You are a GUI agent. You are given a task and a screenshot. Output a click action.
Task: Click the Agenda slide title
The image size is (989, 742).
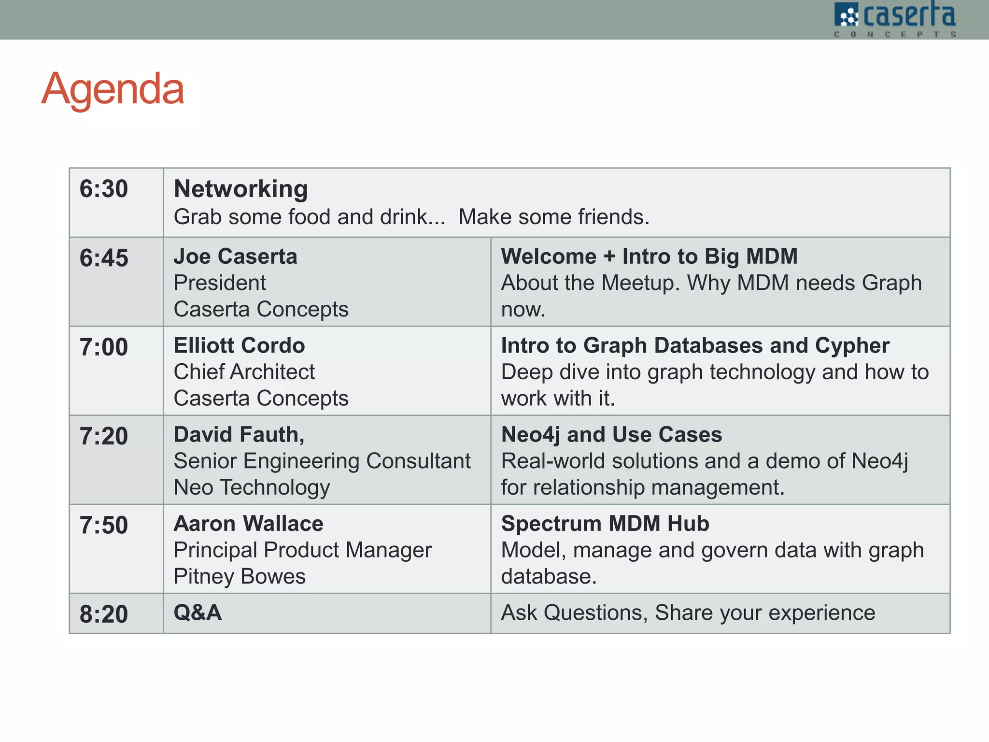pos(113,89)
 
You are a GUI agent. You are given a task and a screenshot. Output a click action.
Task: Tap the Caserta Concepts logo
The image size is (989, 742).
pos(894,19)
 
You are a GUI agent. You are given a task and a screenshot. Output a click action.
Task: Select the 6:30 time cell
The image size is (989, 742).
pos(104,189)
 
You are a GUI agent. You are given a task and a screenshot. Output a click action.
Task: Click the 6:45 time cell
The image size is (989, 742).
pos(104,258)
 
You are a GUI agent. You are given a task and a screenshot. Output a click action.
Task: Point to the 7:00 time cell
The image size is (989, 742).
pos(104,347)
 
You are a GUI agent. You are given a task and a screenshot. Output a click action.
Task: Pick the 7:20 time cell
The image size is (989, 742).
pos(104,436)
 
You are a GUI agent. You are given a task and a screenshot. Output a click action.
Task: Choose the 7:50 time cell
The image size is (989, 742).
pos(104,525)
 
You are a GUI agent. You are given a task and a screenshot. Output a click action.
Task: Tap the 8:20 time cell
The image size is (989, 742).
pos(104,614)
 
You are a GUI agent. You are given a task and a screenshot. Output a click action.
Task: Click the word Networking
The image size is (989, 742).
pos(240,189)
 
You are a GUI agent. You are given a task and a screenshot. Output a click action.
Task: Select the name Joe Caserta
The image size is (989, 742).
pos(235,257)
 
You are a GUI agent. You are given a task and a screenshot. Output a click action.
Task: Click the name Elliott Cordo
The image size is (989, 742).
pos(239,345)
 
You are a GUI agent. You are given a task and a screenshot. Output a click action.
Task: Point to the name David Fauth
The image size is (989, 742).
pos(239,435)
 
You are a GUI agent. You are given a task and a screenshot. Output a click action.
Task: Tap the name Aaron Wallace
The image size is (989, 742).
pos(248,524)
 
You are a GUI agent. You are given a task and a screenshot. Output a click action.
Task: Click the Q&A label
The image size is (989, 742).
pos(198,613)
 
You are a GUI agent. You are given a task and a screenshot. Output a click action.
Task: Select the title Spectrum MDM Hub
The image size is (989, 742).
pos(605,524)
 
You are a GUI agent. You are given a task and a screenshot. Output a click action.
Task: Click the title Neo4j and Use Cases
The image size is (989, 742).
pos(611,435)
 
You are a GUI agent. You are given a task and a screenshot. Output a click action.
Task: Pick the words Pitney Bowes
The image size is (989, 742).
pos(240,576)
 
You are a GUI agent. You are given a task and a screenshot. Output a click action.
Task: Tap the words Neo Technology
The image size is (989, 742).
pos(252,487)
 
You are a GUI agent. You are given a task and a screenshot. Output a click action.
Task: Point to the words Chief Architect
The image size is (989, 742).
pos(244,372)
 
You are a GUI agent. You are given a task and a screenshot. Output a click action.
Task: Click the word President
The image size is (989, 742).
pos(220,283)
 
